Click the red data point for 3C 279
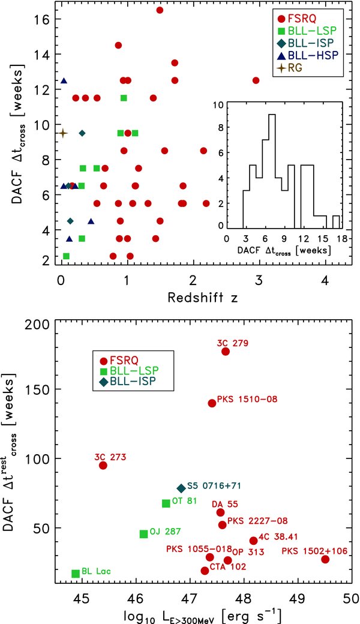[x=226, y=351]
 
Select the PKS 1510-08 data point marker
[x=212, y=403]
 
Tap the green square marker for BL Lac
[x=76, y=574]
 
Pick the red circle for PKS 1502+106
[x=325, y=559]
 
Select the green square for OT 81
[x=166, y=503]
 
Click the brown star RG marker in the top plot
[x=62, y=133]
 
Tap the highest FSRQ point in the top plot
[x=160, y=10]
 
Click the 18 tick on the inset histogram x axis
[x=341, y=238]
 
